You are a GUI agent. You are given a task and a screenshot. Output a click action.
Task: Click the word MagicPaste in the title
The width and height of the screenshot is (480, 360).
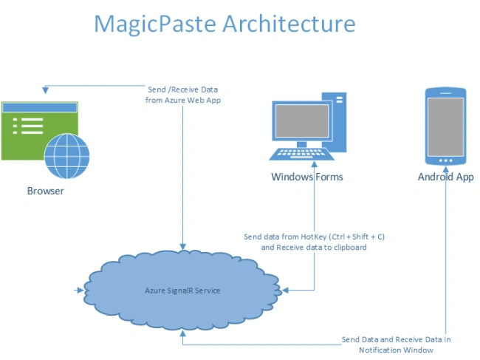coord(155,24)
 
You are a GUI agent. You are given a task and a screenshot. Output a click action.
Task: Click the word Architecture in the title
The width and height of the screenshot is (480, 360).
coord(289,23)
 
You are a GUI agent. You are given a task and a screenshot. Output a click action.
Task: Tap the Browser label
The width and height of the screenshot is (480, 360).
coord(46,191)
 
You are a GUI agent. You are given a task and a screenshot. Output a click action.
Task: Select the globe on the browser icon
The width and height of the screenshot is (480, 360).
coord(66,156)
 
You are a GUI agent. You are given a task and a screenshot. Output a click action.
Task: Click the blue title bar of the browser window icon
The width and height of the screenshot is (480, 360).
coord(39,107)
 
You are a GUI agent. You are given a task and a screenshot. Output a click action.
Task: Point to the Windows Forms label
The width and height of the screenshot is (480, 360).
coord(306,177)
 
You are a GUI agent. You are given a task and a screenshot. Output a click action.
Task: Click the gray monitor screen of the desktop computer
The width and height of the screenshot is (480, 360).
coord(302,121)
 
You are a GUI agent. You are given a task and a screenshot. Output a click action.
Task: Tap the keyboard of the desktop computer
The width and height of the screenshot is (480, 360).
coord(302,154)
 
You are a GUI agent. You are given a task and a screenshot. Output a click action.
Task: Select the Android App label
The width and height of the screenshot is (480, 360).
coord(446,177)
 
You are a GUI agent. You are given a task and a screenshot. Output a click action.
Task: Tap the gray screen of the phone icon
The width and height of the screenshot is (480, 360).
coord(446,127)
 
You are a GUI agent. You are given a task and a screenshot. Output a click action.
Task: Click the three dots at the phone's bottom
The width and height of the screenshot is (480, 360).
coord(446,160)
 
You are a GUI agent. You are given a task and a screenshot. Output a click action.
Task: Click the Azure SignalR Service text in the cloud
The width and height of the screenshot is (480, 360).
coord(182,291)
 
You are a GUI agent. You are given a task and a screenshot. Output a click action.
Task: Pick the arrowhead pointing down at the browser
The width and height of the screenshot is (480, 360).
coord(45,90)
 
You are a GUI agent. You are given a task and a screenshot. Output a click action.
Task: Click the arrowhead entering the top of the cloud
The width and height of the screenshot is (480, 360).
coord(182,247)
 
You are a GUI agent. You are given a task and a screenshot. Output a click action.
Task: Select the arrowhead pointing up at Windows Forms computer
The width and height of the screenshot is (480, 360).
coord(314,164)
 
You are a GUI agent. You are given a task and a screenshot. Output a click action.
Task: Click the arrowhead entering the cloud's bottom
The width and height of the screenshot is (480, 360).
coord(182,333)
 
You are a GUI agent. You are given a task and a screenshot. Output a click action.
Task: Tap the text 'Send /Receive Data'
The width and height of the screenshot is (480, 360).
coord(182,89)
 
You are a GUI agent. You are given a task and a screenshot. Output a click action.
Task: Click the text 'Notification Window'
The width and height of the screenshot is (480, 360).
coord(396,350)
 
